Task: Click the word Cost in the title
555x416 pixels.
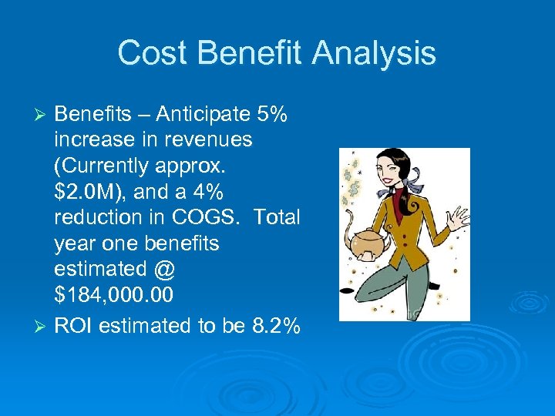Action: [151, 53]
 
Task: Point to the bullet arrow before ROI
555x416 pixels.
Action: [42, 326]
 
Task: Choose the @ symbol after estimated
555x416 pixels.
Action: [164, 270]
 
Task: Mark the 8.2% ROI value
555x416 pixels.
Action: [277, 326]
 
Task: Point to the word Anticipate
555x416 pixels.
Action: [201, 115]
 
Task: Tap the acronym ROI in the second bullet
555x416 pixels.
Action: [76, 326]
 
